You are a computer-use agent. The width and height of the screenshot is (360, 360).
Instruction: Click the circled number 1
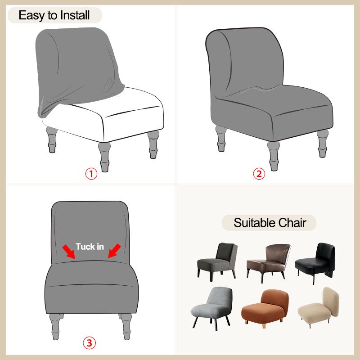(x=91, y=174)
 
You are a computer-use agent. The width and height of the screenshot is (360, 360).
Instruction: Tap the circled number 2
(x=259, y=174)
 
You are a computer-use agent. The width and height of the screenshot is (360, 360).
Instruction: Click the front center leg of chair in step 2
(x=273, y=153)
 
